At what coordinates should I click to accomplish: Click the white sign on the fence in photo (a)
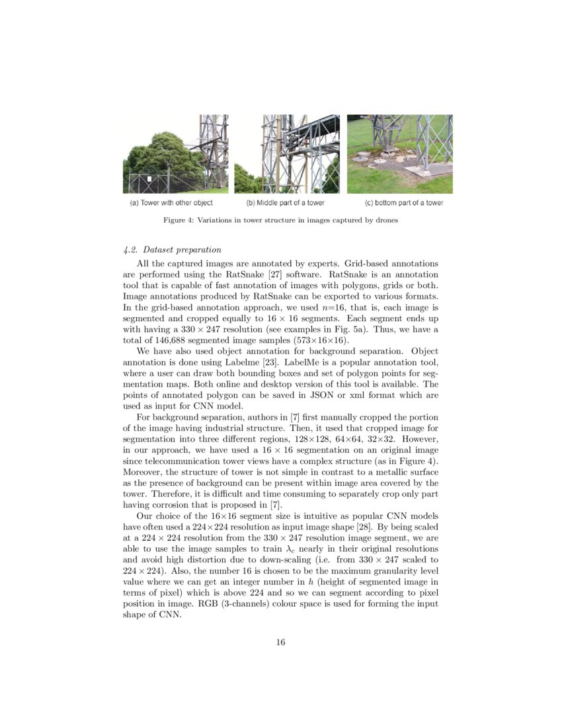[x=151, y=179]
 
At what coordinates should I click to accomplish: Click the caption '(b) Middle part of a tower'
[x=285, y=203]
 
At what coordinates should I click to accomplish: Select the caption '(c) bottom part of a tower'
[x=404, y=203]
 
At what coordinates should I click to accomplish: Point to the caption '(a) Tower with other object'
[x=171, y=203]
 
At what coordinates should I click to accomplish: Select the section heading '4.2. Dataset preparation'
[x=172, y=250]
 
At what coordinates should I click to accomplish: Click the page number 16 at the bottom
[x=280, y=642]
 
